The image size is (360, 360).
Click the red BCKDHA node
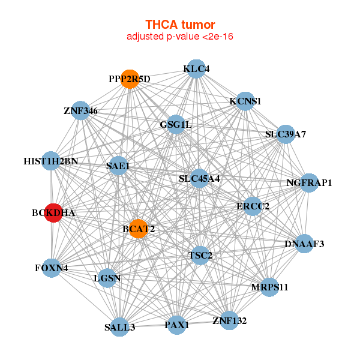53,213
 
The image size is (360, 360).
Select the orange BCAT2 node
138,229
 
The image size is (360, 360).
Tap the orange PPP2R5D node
130,79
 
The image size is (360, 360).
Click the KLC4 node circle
196,69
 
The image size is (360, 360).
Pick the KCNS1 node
245,101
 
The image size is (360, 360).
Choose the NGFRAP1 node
308,182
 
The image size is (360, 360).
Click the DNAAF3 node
304,244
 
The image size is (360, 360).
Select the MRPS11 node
269,287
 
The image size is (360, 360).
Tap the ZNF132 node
229,320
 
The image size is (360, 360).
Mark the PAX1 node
176,325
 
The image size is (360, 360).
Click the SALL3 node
119,326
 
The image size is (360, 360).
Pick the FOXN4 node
52,268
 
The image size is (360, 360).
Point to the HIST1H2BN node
52,161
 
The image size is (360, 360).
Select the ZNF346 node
80,111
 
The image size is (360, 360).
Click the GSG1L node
175,125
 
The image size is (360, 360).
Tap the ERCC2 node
253,206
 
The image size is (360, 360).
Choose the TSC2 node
200,256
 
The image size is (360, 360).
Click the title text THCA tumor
180,25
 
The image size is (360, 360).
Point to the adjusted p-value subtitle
180,37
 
